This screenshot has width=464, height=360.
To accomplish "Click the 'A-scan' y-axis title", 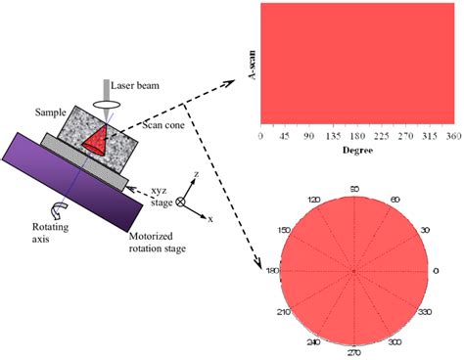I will coord(252,65).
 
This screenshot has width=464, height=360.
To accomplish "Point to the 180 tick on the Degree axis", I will coord(358,138).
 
